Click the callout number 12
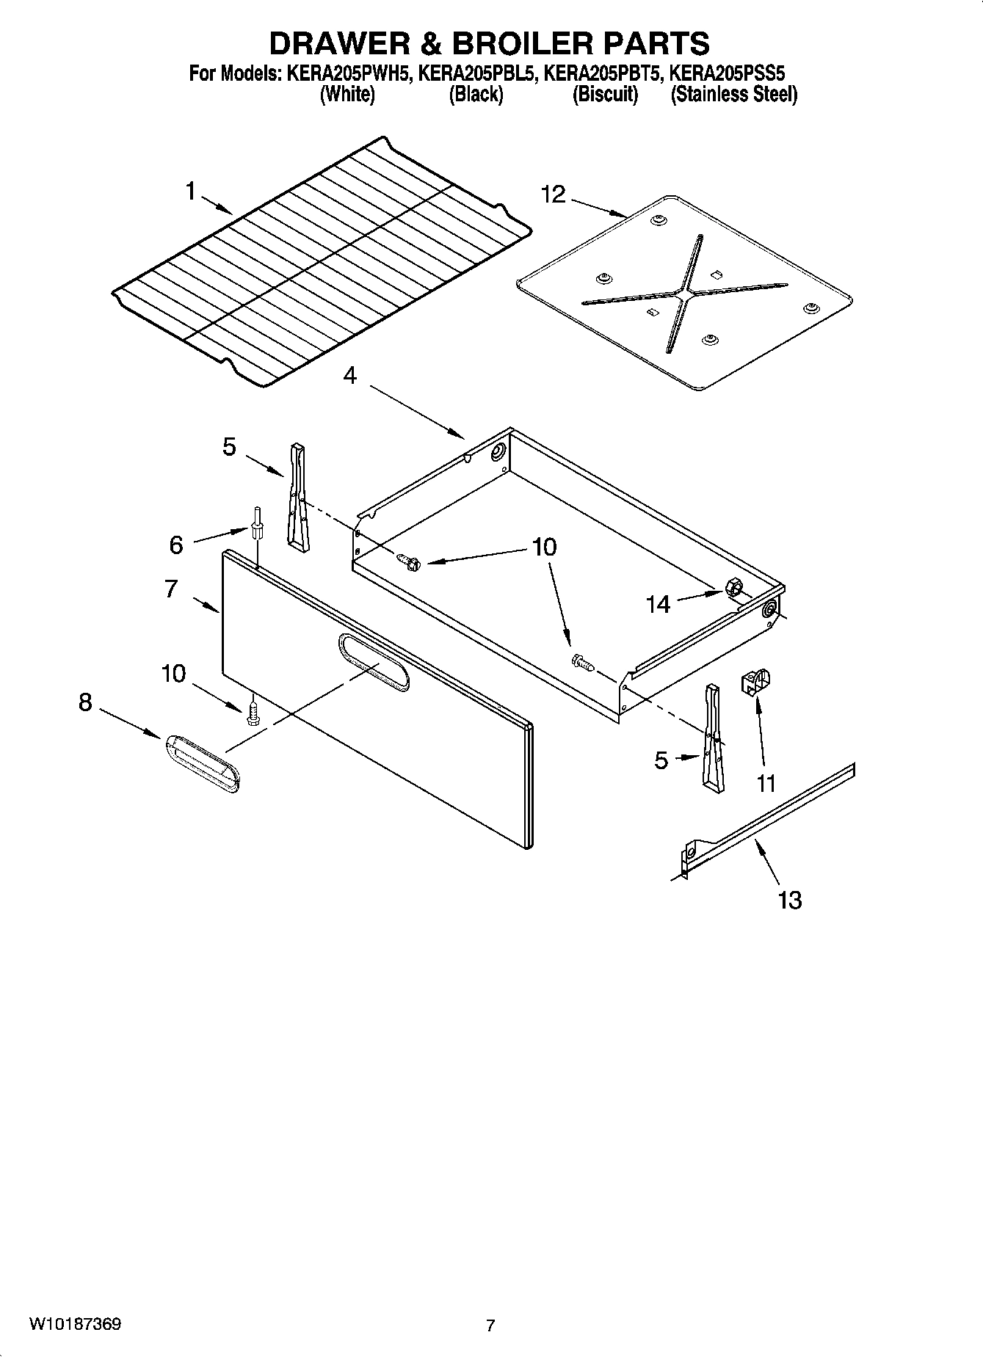pos(554,194)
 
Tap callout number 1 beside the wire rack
pos(191,192)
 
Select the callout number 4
pos(350,376)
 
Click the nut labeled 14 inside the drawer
pos(732,587)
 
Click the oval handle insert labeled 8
pos(200,764)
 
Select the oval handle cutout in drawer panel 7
pos(374,663)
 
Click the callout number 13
pos(790,900)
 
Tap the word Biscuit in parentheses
pos(606,95)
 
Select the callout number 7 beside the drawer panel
pos(171,589)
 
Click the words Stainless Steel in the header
pos(734,95)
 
